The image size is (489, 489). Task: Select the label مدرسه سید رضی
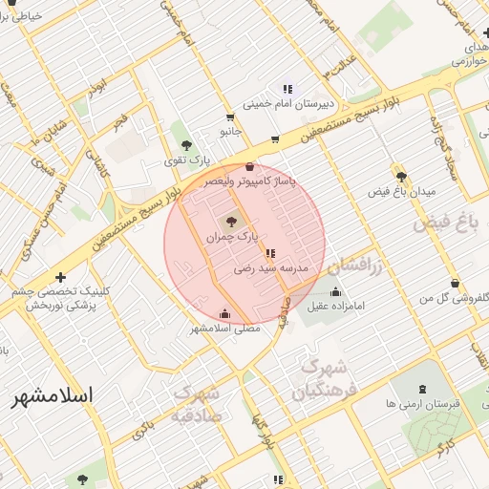point(271,270)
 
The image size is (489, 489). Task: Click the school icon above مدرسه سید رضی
point(271,253)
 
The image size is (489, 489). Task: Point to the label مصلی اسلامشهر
point(223,329)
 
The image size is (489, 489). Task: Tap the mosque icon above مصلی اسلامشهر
point(224,312)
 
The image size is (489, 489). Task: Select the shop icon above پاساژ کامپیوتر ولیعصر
point(250,165)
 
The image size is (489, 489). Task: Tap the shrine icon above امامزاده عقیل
point(335,291)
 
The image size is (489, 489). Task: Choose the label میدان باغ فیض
point(403,192)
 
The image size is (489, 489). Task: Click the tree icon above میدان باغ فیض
point(401,176)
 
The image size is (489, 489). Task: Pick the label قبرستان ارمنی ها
point(425,404)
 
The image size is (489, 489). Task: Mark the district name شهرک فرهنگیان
point(327,379)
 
